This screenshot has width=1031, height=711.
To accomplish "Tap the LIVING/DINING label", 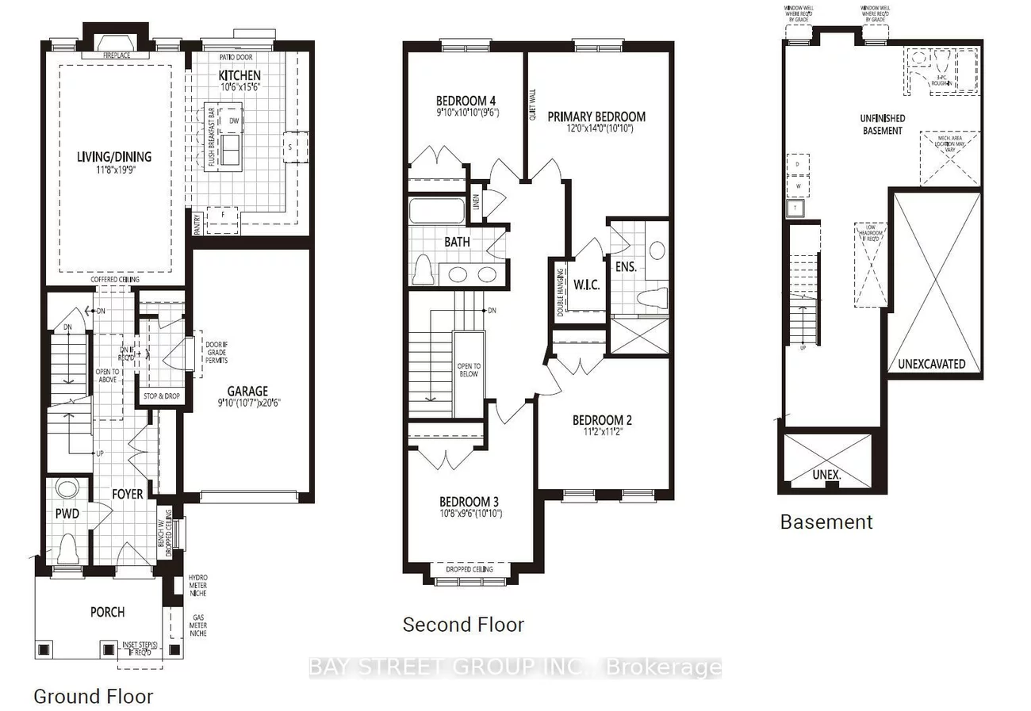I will point(115,157).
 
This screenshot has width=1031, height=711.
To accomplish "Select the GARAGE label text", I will point(248,391).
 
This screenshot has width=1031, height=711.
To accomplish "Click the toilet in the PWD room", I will point(67,547).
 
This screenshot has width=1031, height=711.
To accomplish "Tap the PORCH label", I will point(107,611).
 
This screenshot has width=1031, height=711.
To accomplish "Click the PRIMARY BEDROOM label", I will point(596,117).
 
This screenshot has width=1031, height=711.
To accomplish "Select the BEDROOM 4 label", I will point(466,101).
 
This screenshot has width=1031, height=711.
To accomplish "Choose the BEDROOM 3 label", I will point(470,502).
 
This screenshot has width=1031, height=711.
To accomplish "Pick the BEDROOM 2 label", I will point(602,420).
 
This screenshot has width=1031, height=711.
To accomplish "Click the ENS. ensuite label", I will point(626,266).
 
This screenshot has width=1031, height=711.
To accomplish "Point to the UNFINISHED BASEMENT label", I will point(882,124).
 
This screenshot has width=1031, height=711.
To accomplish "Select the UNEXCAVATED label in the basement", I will point(931,364).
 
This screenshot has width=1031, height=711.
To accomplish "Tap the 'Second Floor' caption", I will point(463,625).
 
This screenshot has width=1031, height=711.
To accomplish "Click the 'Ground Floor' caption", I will point(93,697).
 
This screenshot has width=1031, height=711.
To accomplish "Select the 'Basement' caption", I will point(826,522).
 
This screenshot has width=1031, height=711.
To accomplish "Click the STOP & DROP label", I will point(161,396).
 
